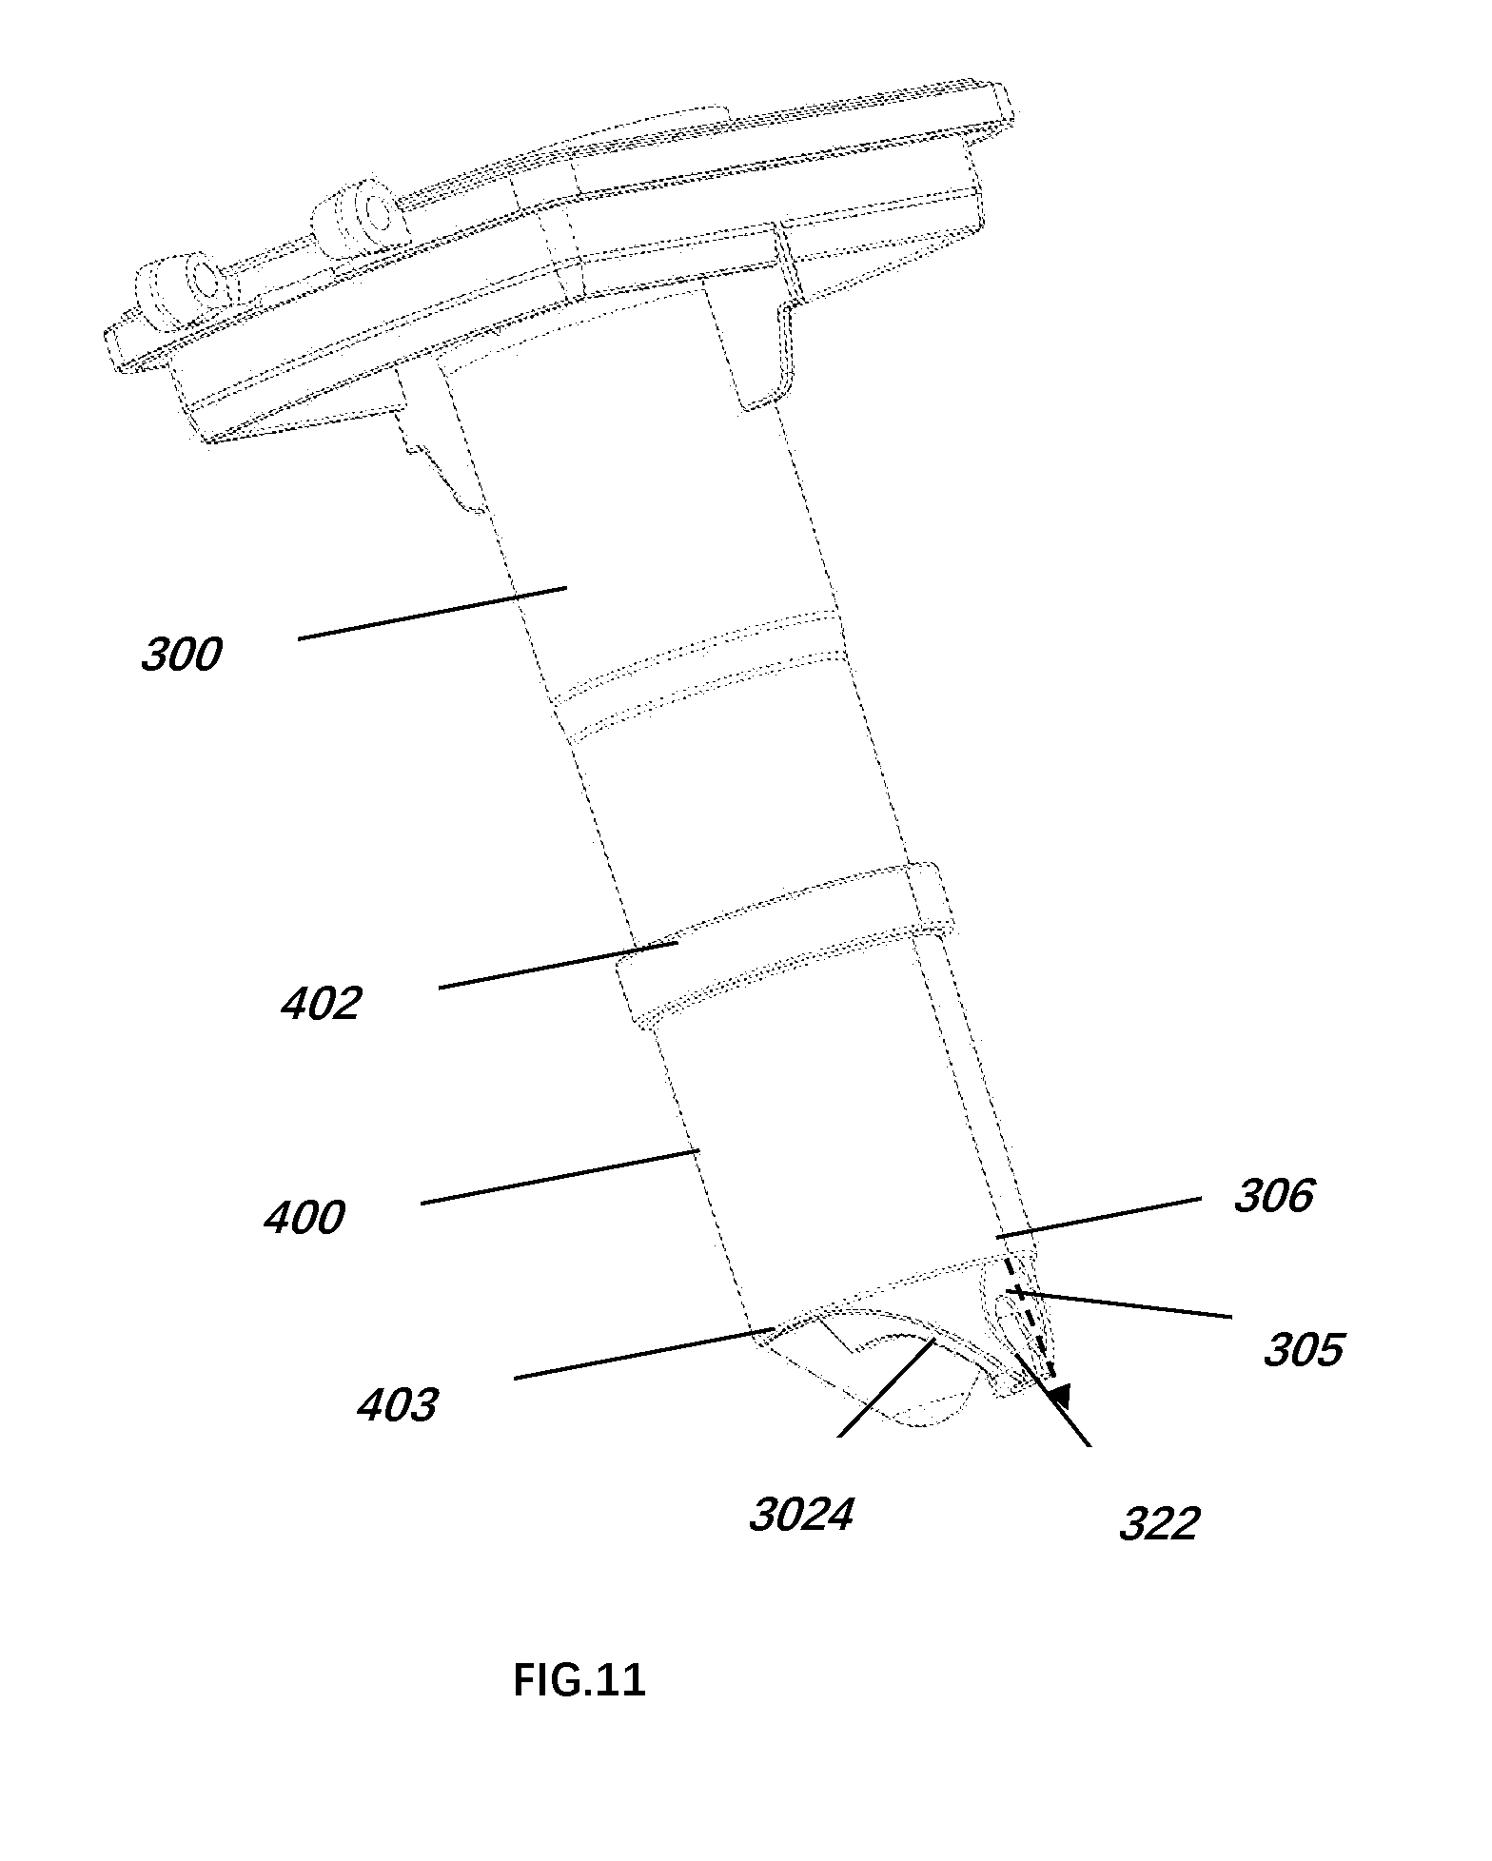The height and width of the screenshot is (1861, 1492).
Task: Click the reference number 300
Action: [x=181, y=655]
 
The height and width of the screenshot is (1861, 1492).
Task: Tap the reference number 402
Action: [x=321, y=1004]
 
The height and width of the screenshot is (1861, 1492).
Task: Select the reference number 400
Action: [x=304, y=1218]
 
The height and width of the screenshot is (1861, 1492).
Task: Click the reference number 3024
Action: [x=800, y=1515]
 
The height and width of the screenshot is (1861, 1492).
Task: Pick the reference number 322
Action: [x=1158, y=1525]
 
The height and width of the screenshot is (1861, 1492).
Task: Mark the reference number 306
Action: [x=1274, y=1196]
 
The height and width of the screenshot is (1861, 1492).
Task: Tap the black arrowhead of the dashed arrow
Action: [x=1059, y=1395]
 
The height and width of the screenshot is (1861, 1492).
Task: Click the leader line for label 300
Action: [x=433, y=613]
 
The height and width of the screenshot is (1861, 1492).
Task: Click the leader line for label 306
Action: [x=1099, y=1218]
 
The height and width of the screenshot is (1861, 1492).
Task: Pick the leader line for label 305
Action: [x=1119, y=1304]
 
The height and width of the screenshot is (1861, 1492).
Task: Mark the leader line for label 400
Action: [x=560, y=1177]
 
